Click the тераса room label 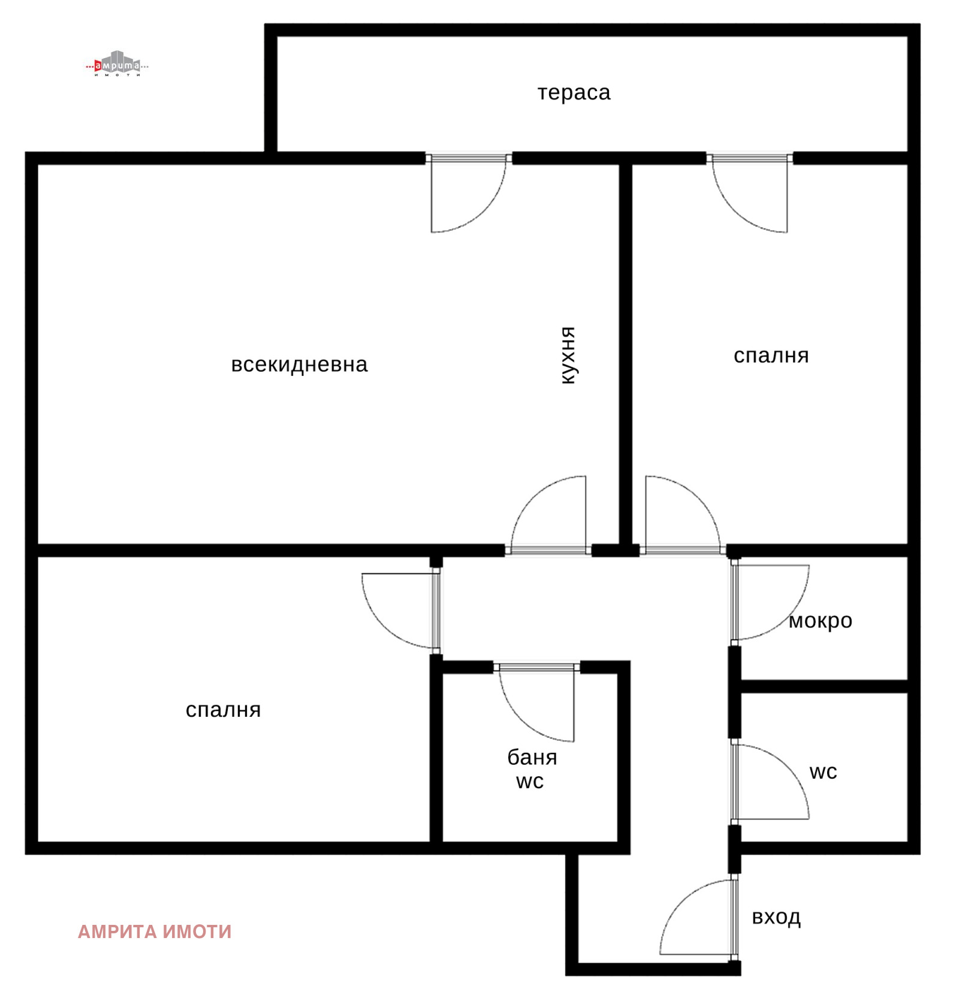[573, 93]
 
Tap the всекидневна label [299, 364]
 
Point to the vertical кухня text [568, 355]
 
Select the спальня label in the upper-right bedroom [771, 355]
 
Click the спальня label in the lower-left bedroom [223, 710]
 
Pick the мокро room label [820, 621]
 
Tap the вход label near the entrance [776, 917]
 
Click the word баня [532, 757]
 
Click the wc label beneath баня [530, 782]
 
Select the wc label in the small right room [823, 772]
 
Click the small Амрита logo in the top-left [117, 63]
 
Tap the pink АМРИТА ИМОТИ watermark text [155, 931]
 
